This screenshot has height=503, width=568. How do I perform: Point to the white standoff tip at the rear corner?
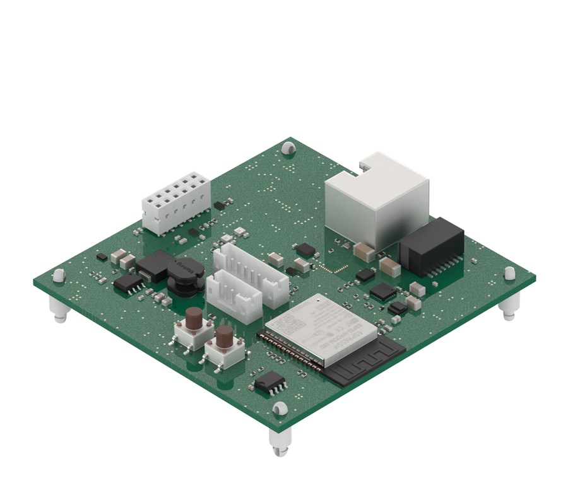[x=288, y=148]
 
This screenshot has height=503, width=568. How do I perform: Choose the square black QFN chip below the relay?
[x=383, y=291]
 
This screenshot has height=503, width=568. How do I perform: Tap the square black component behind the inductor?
[x=155, y=263]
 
